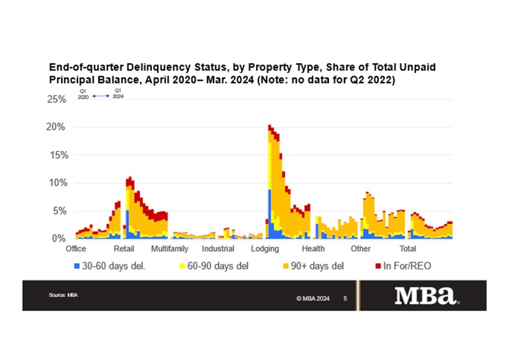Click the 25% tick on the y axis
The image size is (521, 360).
pyautogui.click(x=57, y=100)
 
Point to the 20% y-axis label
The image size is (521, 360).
pyautogui.click(x=57, y=128)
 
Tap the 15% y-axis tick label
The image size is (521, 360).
pyautogui.click(x=57, y=156)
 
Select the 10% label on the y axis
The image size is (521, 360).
pyautogui.click(x=57, y=184)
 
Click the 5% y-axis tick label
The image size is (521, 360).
pyautogui.click(x=59, y=212)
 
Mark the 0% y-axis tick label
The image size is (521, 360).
pyautogui.click(x=59, y=239)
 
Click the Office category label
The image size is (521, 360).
pyautogui.click(x=76, y=249)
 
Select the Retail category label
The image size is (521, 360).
pyautogui.click(x=124, y=249)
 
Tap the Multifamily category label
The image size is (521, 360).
pyautogui.click(x=169, y=249)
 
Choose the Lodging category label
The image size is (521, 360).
pyautogui.click(x=265, y=249)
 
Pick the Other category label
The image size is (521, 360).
pyautogui.click(x=360, y=249)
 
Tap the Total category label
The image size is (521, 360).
pyautogui.click(x=408, y=249)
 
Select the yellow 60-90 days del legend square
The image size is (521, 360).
pyautogui.click(x=181, y=266)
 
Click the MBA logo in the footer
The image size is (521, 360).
pyautogui.click(x=427, y=296)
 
